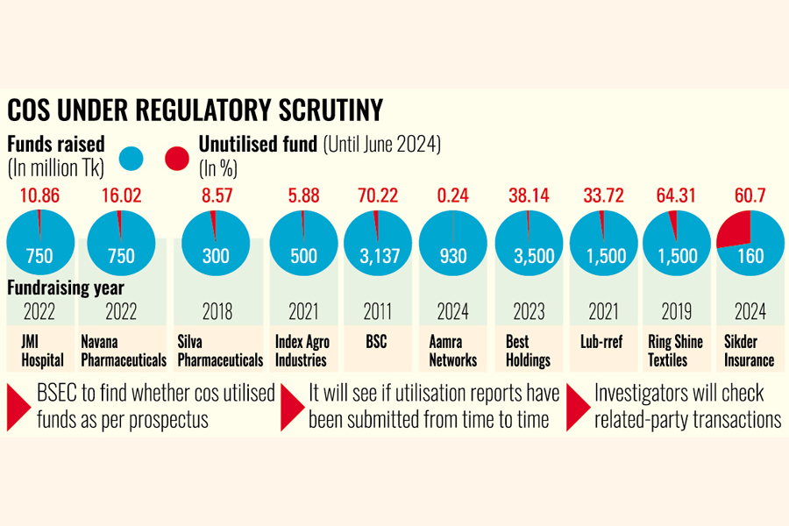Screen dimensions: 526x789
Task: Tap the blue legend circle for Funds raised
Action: click(131, 158)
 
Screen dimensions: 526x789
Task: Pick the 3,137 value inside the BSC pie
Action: click(375, 256)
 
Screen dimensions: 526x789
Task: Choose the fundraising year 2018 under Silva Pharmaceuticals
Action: click(216, 310)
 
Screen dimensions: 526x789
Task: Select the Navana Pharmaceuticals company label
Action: click(124, 351)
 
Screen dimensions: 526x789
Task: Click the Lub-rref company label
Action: click(601, 342)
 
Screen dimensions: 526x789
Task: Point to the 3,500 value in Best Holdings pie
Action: click(526, 256)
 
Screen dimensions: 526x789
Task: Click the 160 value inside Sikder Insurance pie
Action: click(751, 256)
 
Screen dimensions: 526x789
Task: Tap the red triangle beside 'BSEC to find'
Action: click(19, 407)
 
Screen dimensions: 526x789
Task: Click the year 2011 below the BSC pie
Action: click(375, 310)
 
